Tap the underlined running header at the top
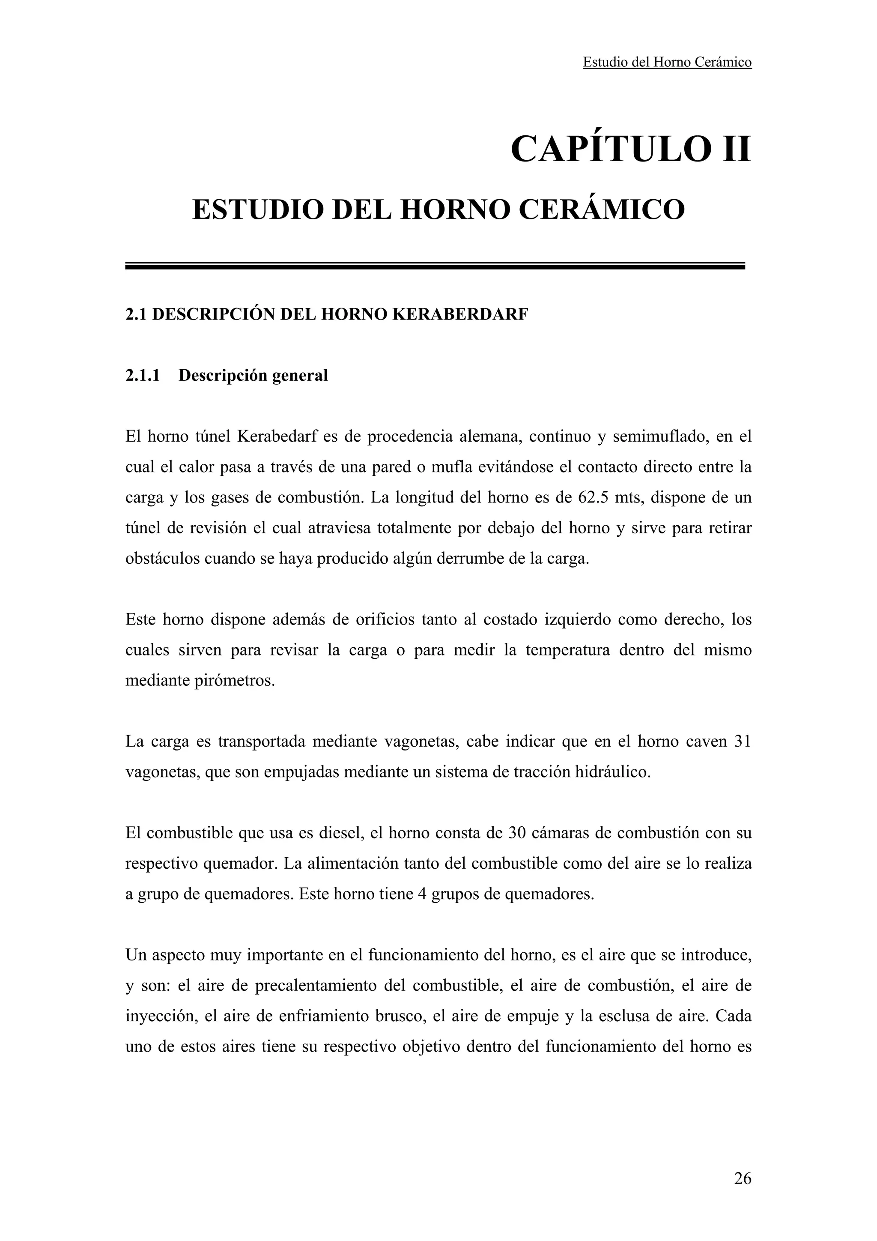pyautogui.click(x=667, y=63)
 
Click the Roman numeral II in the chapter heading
pyautogui.click(x=733, y=149)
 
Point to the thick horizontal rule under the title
pyautogui.click(x=435, y=266)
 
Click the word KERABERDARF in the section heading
pyautogui.click(x=459, y=314)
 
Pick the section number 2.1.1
pyautogui.click(x=143, y=375)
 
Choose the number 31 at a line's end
pyautogui.click(x=743, y=741)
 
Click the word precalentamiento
pyautogui.click(x=315, y=985)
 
